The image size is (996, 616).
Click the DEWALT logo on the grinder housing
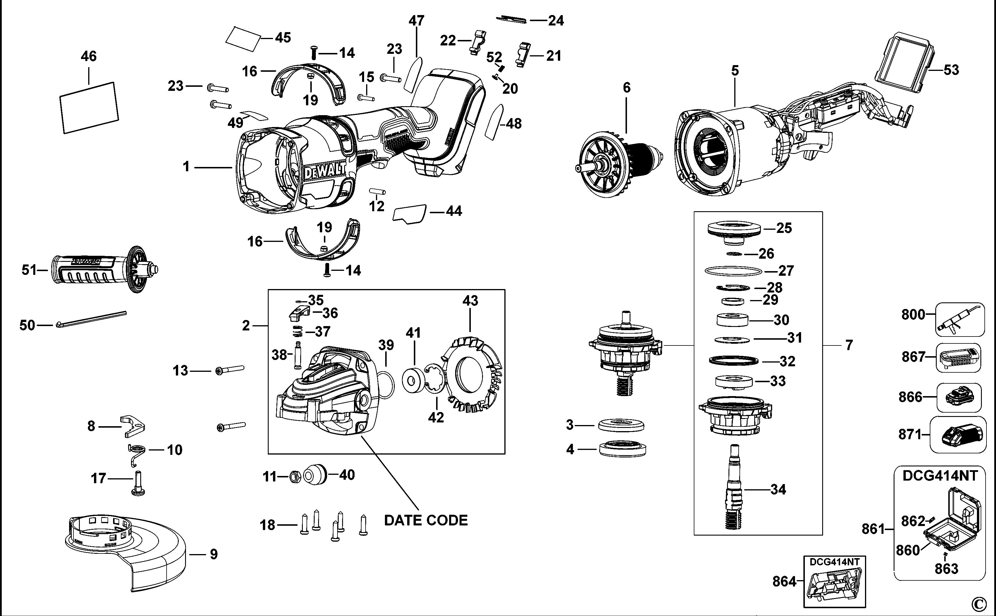325,171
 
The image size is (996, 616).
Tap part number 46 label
88,56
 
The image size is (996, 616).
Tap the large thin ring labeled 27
733,271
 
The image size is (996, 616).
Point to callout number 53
951,70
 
